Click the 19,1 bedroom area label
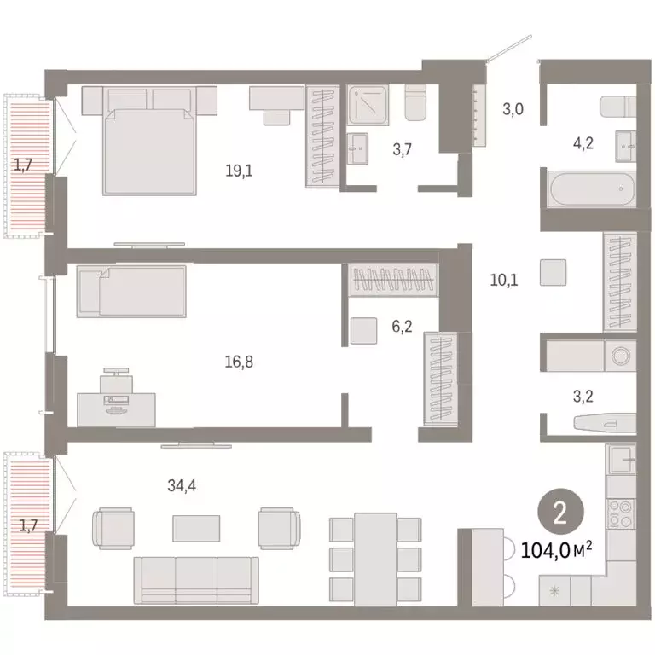pos(239,170)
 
